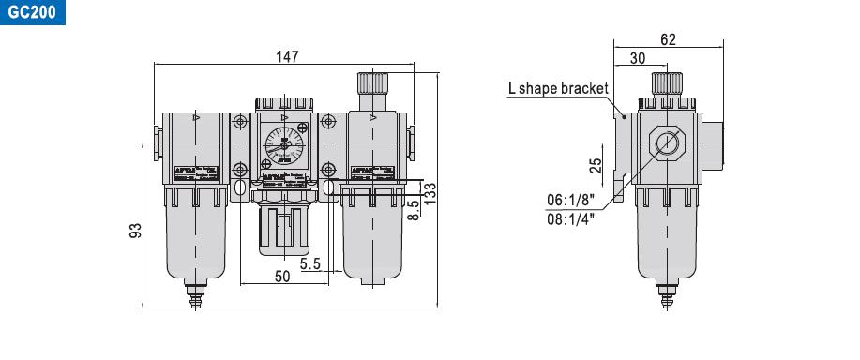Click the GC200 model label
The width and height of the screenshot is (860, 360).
tap(28, 15)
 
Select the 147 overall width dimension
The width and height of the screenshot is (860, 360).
tap(288, 56)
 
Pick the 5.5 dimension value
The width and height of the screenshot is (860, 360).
tap(311, 264)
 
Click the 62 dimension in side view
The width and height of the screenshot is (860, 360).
tap(668, 39)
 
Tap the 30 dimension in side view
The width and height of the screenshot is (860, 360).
tap(637, 58)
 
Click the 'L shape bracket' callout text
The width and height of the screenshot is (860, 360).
tap(558, 89)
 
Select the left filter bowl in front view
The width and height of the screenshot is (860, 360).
tap(195, 239)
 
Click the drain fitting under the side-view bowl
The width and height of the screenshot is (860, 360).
tap(668, 299)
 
